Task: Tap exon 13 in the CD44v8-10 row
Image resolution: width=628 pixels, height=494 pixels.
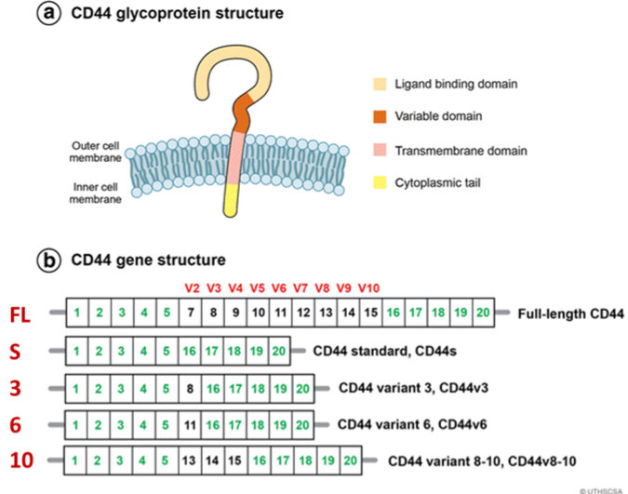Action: pyautogui.click(x=190, y=460)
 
